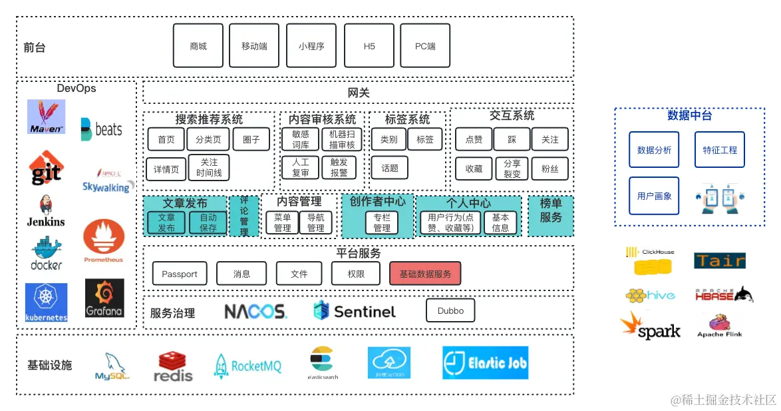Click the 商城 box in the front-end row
[x=198, y=46]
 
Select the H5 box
[x=369, y=46]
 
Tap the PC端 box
[x=425, y=46]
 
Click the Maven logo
[x=47, y=117]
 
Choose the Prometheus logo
[x=104, y=241]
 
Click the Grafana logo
[x=104, y=298]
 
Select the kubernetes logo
[x=47, y=302]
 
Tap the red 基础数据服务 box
[x=425, y=274]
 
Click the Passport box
[x=180, y=274]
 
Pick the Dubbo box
[x=450, y=310]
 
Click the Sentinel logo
[x=354, y=311]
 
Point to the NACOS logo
[x=255, y=311]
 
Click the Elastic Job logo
[x=485, y=363]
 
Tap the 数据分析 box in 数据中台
[x=654, y=150]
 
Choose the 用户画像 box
[x=654, y=196]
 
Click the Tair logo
[x=720, y=261]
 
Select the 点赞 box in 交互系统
[x=474, y=139]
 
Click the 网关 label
[x=359, y=93]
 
